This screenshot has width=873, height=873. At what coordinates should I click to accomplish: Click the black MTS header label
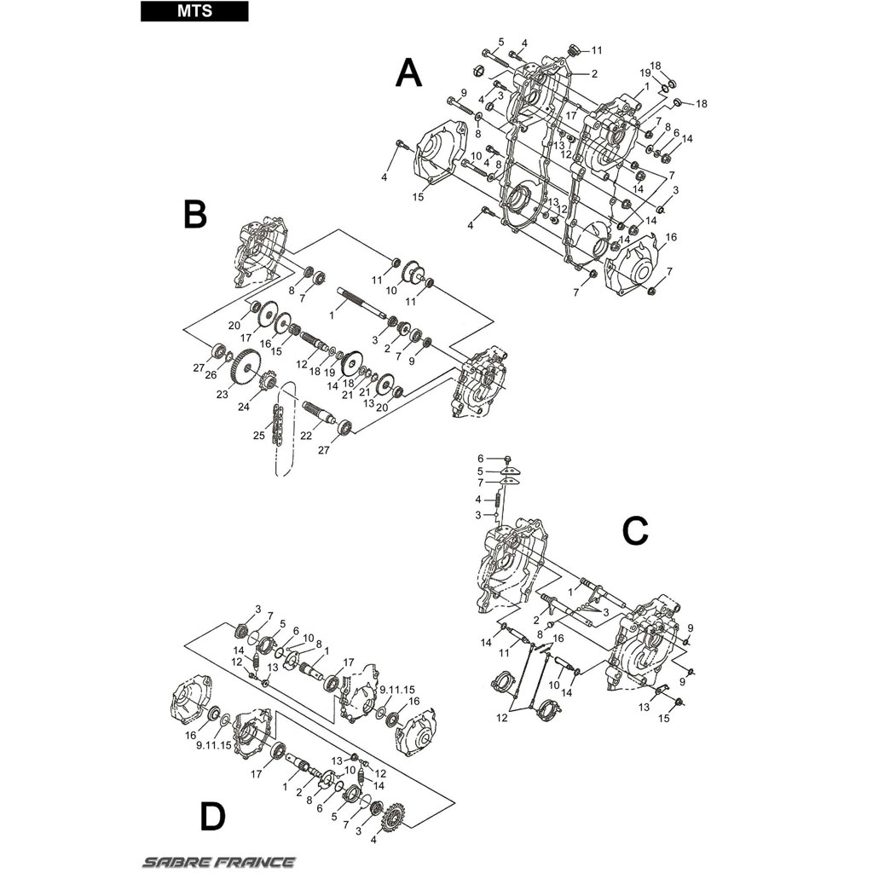pos(194,11)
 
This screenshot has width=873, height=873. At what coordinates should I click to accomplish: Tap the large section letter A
pos(408,74)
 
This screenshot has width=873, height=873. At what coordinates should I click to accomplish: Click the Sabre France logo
pos(219,863)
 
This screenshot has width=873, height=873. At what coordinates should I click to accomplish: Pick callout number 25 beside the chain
pos(258,436)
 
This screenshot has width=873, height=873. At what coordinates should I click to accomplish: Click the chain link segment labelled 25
pos(277,426)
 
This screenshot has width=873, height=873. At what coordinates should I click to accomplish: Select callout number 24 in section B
pos(243,407)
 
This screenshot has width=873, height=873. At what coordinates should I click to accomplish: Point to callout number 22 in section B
pos(306,436)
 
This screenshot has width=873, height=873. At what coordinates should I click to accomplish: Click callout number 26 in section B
pos(211,375)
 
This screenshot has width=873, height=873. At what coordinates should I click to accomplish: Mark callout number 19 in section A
pos(645,73)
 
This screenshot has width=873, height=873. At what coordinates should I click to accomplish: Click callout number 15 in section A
pos(418,197)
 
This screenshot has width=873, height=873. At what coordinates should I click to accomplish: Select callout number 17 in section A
pos(571,116)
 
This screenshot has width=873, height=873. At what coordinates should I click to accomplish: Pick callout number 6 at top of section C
pos(480,459)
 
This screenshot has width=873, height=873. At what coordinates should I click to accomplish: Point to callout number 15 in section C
pos(663,718)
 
